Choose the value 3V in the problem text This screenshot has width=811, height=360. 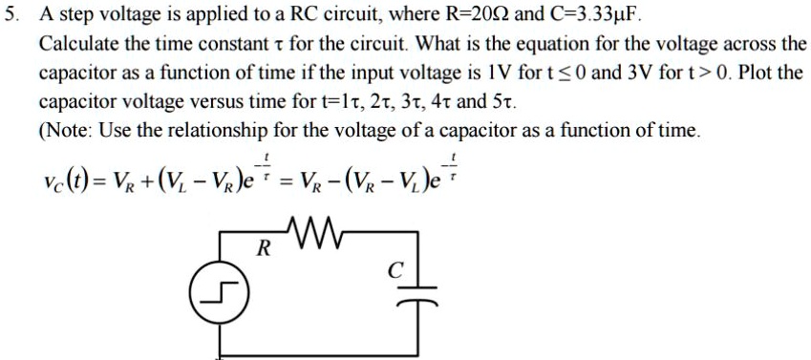[640, 74]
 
